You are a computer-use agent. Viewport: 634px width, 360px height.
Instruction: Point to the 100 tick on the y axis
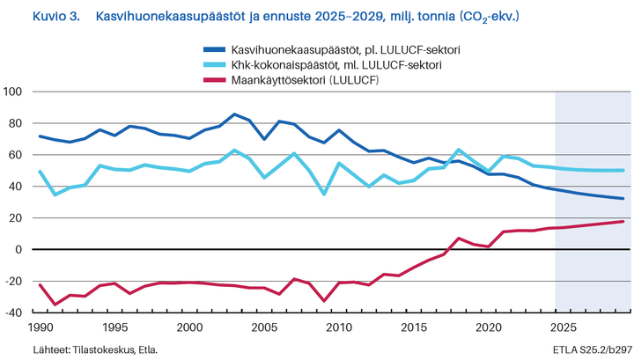(13, 92)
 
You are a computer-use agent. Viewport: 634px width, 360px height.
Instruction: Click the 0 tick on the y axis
(18, 250)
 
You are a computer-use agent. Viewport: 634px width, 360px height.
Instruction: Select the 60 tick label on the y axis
(15, 155)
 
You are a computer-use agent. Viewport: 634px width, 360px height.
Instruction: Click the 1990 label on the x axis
(40, 327)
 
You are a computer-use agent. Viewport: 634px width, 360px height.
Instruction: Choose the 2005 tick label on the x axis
(263, 327)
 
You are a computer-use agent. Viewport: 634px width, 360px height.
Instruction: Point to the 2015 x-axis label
(413, 327)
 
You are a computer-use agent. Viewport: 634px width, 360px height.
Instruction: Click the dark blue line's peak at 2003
(233, 114)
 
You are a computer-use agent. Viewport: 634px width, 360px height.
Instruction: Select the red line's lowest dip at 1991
(55, 305)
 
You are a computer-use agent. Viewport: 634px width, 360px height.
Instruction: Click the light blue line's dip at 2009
(323, 194)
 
